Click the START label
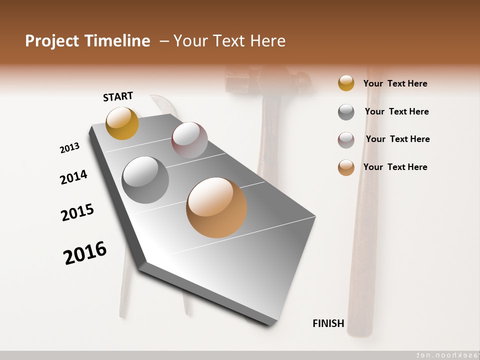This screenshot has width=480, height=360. (x=118, y=96)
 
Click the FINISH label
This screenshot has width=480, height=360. (x=328, y=323)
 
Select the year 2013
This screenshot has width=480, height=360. (x=69, y=148)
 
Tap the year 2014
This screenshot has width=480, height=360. (x=73, y=177)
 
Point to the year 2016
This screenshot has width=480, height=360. (x=85, y=253)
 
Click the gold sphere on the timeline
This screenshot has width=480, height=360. (x=122, y=123)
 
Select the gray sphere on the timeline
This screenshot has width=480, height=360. (x=145, y=180)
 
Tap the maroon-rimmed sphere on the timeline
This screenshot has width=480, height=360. (x=189, y=139)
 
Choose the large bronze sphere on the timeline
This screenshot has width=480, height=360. (x=216, y=207)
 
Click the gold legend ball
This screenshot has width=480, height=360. (x=346, y=83)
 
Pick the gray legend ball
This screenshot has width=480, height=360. (x=346, y=112)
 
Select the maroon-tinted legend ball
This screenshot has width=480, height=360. (x=346, y=140)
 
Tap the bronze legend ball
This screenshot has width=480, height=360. (x=346, y=167)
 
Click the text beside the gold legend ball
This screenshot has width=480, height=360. (x=395, y=83)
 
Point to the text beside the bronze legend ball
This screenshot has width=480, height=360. (x=395, y=167)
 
